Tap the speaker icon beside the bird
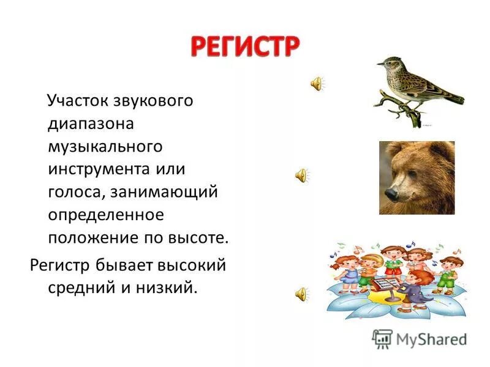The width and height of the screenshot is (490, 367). tap(317, 84)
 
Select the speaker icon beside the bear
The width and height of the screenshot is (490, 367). tap(301, 176)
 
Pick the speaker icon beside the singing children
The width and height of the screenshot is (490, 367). tap(301, 294)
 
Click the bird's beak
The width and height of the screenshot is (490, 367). tap(379, 62)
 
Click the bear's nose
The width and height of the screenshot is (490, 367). tap(388, 193)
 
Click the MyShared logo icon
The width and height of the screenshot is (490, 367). tap(382, 338)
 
